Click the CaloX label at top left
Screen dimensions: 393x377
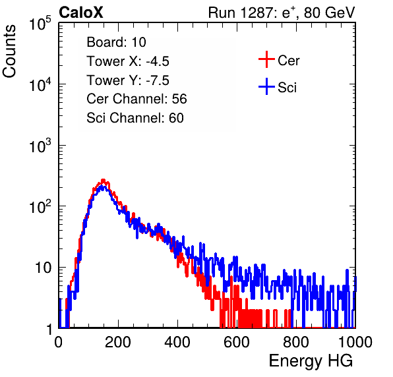80,13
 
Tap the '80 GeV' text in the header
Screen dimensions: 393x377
330,13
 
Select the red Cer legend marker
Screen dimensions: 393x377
266,59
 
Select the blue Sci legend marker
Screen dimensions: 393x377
266,86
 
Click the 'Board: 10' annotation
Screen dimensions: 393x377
116,42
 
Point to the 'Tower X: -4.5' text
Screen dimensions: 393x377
128,61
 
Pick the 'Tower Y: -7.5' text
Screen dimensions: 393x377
128,80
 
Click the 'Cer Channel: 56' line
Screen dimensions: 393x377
136,99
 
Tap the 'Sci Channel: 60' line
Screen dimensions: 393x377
135,118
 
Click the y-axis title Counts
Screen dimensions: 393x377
9,51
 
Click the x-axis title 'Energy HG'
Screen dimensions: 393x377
311,361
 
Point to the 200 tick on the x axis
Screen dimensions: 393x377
118,342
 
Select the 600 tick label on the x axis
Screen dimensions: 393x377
237,342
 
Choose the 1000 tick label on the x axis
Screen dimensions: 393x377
355,342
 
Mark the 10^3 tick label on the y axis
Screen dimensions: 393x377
40,146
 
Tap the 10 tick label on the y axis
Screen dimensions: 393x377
44,268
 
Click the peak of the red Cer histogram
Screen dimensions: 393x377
103,180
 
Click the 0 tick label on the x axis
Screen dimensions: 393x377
58,342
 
